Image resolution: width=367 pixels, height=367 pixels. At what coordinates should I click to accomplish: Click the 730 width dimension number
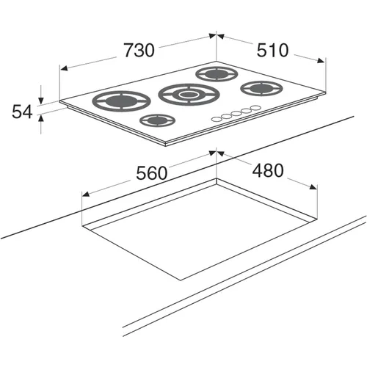139,51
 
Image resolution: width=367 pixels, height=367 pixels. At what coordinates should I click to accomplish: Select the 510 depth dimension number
272,50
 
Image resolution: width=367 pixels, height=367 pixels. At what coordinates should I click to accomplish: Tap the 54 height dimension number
22,112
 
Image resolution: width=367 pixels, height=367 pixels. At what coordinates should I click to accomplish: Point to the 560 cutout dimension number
152,173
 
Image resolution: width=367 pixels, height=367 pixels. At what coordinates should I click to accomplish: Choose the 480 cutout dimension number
268,170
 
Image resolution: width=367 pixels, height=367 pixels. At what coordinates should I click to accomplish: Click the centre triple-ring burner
189,95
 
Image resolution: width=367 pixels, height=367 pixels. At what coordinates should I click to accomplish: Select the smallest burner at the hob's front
158,120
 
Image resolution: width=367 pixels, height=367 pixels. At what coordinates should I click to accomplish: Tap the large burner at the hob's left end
122,101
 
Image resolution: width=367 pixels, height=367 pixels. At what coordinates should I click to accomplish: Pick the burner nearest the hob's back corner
217,74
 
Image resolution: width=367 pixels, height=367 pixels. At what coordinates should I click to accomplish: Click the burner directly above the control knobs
262,88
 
